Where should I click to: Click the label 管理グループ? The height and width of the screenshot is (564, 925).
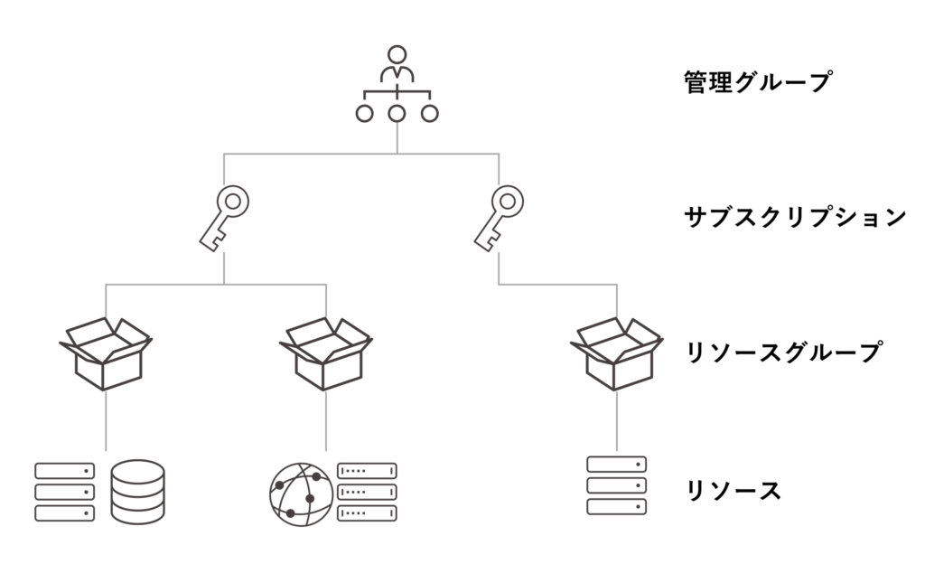[x=757, y=83]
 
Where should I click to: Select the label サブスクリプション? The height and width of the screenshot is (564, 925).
[x=794, y=217]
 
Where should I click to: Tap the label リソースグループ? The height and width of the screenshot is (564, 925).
[x=781, y=352]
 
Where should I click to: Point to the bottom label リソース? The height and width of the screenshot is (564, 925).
[x=733, y=491]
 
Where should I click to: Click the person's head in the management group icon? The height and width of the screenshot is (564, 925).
[x=397, y=52]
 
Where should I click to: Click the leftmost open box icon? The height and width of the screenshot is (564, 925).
[x=107, y=355]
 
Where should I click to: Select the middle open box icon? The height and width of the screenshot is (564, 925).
[x=326, y=355]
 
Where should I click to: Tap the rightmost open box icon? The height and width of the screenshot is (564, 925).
[x=617, y=355]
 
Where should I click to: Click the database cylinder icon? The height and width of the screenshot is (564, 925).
[x=137, y=493]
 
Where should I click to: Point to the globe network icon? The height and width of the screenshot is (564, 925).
[x=301, y=495]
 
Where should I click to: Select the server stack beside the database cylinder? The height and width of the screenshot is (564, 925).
[x=65, y=493]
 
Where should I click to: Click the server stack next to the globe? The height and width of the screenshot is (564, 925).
[x=367, y=493]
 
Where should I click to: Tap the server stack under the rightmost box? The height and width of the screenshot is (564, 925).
[x=617, y=485]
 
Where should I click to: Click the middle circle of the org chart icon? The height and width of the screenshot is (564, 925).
[x=397, y=114]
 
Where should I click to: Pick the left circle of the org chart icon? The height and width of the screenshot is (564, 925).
[x=364, y=114]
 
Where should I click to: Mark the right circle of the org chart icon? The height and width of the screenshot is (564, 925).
[x=430, y=114]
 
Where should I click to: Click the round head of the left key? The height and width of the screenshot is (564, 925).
[x=232, y=199]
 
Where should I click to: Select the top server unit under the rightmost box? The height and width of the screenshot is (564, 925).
[x=617, y=465]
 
